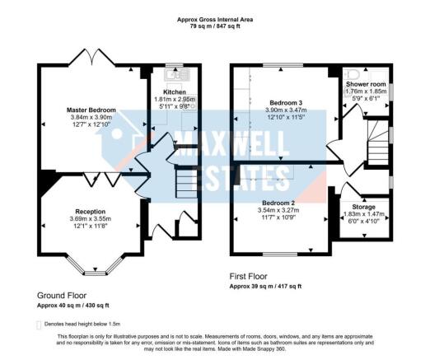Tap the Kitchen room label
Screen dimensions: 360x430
click(x=175, y=91)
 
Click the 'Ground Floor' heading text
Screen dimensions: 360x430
click(x=61, y=295)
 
